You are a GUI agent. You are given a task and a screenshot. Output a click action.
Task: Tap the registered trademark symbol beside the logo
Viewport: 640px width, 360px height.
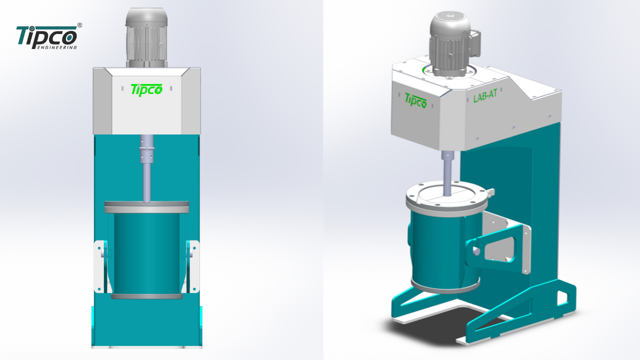coord(80,25)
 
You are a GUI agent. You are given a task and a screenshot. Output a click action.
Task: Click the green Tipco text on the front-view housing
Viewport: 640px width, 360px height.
coord(146,89)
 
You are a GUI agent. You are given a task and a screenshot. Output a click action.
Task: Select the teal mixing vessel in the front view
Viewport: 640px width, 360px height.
coord(146,252)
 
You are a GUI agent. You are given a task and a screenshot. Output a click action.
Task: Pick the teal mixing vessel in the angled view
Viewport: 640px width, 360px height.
coord(440,250)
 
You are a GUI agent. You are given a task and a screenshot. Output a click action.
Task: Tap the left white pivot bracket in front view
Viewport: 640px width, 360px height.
coord(101,266)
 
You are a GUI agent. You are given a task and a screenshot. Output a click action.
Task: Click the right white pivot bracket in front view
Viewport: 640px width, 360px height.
coord(192,266)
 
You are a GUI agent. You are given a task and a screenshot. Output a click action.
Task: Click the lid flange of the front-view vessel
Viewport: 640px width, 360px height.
coord(146,206)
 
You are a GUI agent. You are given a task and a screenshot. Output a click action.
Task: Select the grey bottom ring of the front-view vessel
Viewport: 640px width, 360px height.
coord(146,296)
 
